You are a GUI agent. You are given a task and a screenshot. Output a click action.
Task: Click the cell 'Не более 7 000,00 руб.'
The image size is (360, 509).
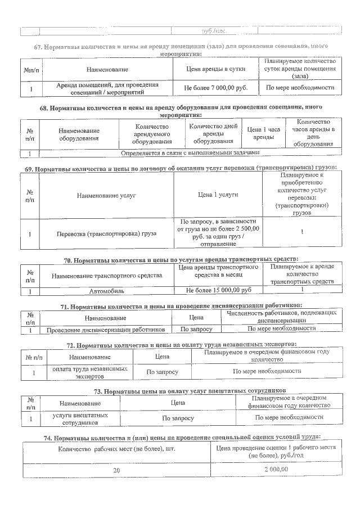coord(216,88)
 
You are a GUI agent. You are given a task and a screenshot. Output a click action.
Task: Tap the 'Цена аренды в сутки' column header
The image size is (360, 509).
coord(216,69)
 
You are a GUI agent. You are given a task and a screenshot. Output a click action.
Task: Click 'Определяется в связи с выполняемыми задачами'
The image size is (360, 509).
coord(190,152)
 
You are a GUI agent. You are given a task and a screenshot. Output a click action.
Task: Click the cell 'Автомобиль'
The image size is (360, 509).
coord(107,291)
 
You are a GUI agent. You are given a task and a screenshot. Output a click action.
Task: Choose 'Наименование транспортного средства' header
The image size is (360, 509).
coord(107,276)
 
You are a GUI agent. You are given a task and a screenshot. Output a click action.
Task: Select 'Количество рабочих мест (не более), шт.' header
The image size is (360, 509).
coord(117,451)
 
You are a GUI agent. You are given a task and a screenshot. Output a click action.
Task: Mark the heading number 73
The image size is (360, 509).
coord(96,390)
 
